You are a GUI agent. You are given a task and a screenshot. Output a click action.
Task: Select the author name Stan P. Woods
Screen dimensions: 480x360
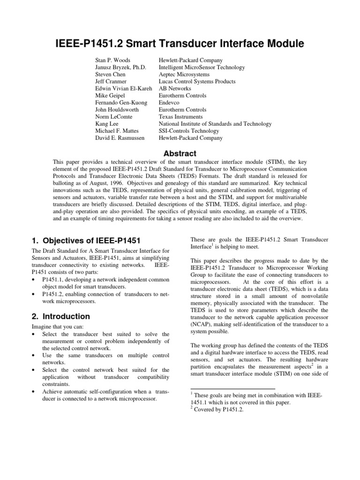pos(112,60)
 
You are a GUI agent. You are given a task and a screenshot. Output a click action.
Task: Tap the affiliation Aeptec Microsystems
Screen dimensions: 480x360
pos(184,75)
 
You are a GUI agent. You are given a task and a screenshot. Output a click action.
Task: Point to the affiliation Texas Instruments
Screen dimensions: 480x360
pos(181,117)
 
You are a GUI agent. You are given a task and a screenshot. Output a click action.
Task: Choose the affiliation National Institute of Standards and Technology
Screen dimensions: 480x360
pos(215,124)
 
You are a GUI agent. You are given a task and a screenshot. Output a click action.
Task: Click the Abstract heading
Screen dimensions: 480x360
pos(180,154)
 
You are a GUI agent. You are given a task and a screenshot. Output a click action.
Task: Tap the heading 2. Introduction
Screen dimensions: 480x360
pos(60,316)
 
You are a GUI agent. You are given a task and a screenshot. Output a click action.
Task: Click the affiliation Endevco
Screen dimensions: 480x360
pos(171,103)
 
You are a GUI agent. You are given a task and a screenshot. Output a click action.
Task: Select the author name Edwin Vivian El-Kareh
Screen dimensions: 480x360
pos(124,89)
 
